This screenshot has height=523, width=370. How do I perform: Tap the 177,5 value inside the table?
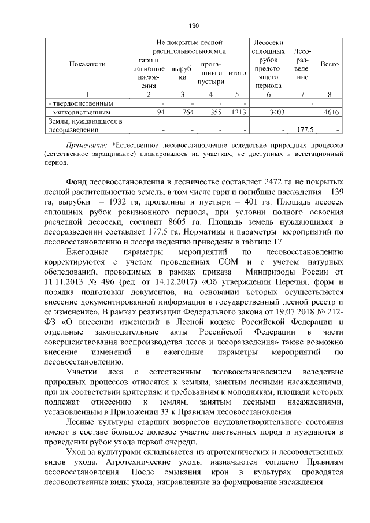[305, 129]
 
